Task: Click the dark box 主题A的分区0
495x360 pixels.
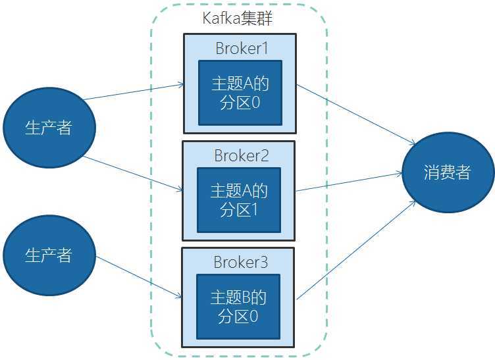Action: (x=240, y=93)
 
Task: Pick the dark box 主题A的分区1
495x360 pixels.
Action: (x=239, y=200)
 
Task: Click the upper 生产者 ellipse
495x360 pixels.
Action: (x=48, y=128)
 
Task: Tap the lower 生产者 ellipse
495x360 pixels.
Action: (x=48, y=255)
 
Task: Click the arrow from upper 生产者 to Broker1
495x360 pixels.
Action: (x=132, y=91)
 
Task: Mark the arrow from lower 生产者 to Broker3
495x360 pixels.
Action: (x=138, y=276)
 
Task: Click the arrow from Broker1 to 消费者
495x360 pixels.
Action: (x=355, y=115)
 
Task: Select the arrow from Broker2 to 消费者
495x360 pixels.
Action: (x=349, y=182)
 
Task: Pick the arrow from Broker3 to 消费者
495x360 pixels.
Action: (x=355, y=251)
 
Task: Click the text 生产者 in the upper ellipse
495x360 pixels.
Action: (x=48, y=128)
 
